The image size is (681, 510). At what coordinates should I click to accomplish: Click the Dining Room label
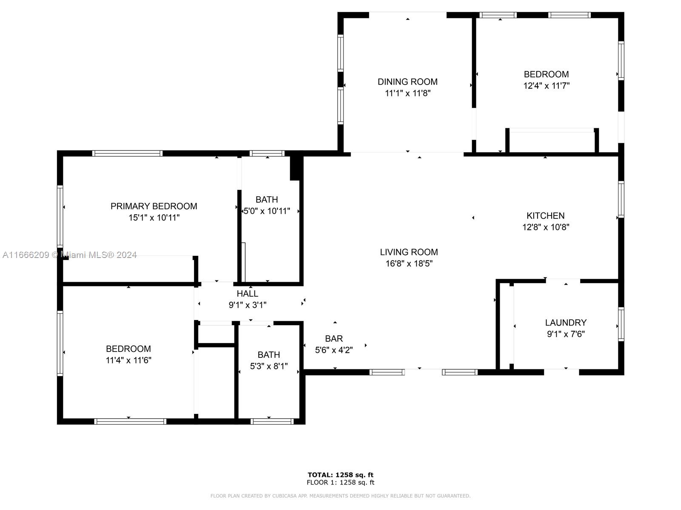[x=407, y=82]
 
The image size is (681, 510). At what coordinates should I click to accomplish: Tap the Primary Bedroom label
[x=154, y=206]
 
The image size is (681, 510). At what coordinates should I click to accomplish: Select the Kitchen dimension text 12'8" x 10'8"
[x=546, y=227]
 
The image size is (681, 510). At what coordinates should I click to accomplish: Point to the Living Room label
[x=409, y=252]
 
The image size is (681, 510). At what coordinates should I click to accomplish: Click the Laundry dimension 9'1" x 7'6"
[x=566, y=334]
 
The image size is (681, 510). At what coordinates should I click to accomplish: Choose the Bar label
[x=334, y=338]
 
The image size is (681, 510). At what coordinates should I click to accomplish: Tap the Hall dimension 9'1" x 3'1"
[x=248, y=305]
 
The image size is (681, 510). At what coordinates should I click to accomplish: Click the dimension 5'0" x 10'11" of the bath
[x=267, y=211]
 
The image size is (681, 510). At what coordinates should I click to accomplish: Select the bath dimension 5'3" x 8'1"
[x=269, y=366]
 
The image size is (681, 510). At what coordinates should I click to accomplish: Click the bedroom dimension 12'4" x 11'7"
[x=547, y=85]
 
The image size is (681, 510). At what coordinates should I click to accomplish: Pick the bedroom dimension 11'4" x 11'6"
[x=129, y=360]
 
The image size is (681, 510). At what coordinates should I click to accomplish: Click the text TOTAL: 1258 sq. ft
[x=340, y=475]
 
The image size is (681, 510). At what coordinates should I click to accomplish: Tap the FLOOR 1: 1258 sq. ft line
[x=340, y=482]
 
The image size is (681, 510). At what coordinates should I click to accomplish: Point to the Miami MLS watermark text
[x=69, y=255]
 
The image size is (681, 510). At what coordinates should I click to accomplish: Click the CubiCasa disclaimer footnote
[x=340, y=496]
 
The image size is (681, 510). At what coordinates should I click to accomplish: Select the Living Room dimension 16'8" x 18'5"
[x=409, y=263]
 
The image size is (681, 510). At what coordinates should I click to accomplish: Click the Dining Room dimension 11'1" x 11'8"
[x=408, y=93]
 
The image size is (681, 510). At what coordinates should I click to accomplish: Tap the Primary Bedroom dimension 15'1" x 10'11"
[x=154, y=217]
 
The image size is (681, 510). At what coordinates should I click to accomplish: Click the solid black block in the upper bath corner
[x=296, y=167]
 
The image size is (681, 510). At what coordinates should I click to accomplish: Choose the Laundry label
[x=566, y=323]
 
